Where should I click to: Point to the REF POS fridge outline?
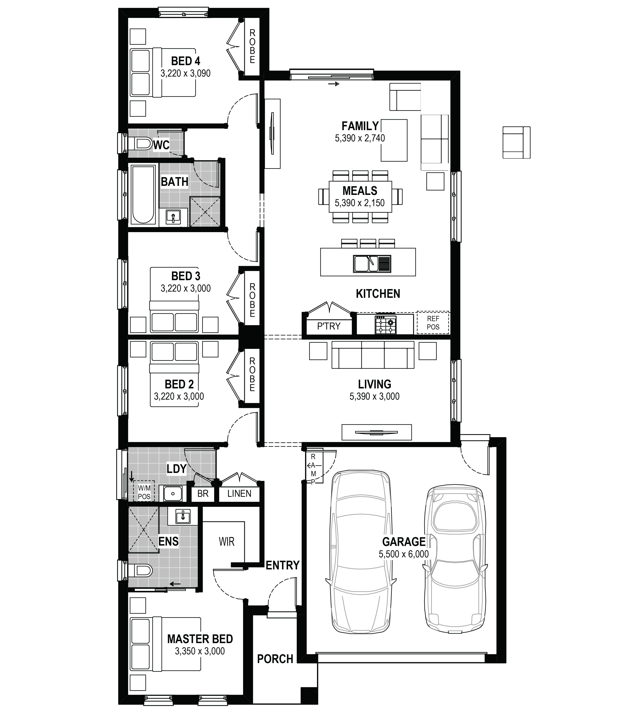coord(433,322)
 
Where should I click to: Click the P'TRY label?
coord(329,326)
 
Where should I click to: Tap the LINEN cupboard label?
coord(239,493)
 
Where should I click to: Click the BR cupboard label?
coord(203,493)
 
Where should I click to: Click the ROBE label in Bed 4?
coord(252,46)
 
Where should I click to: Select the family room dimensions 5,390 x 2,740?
coord(360,138)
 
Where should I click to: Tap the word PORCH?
coord(275,659)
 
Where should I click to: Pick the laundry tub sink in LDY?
coord(173,493)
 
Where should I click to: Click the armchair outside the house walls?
coord(516,143)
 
